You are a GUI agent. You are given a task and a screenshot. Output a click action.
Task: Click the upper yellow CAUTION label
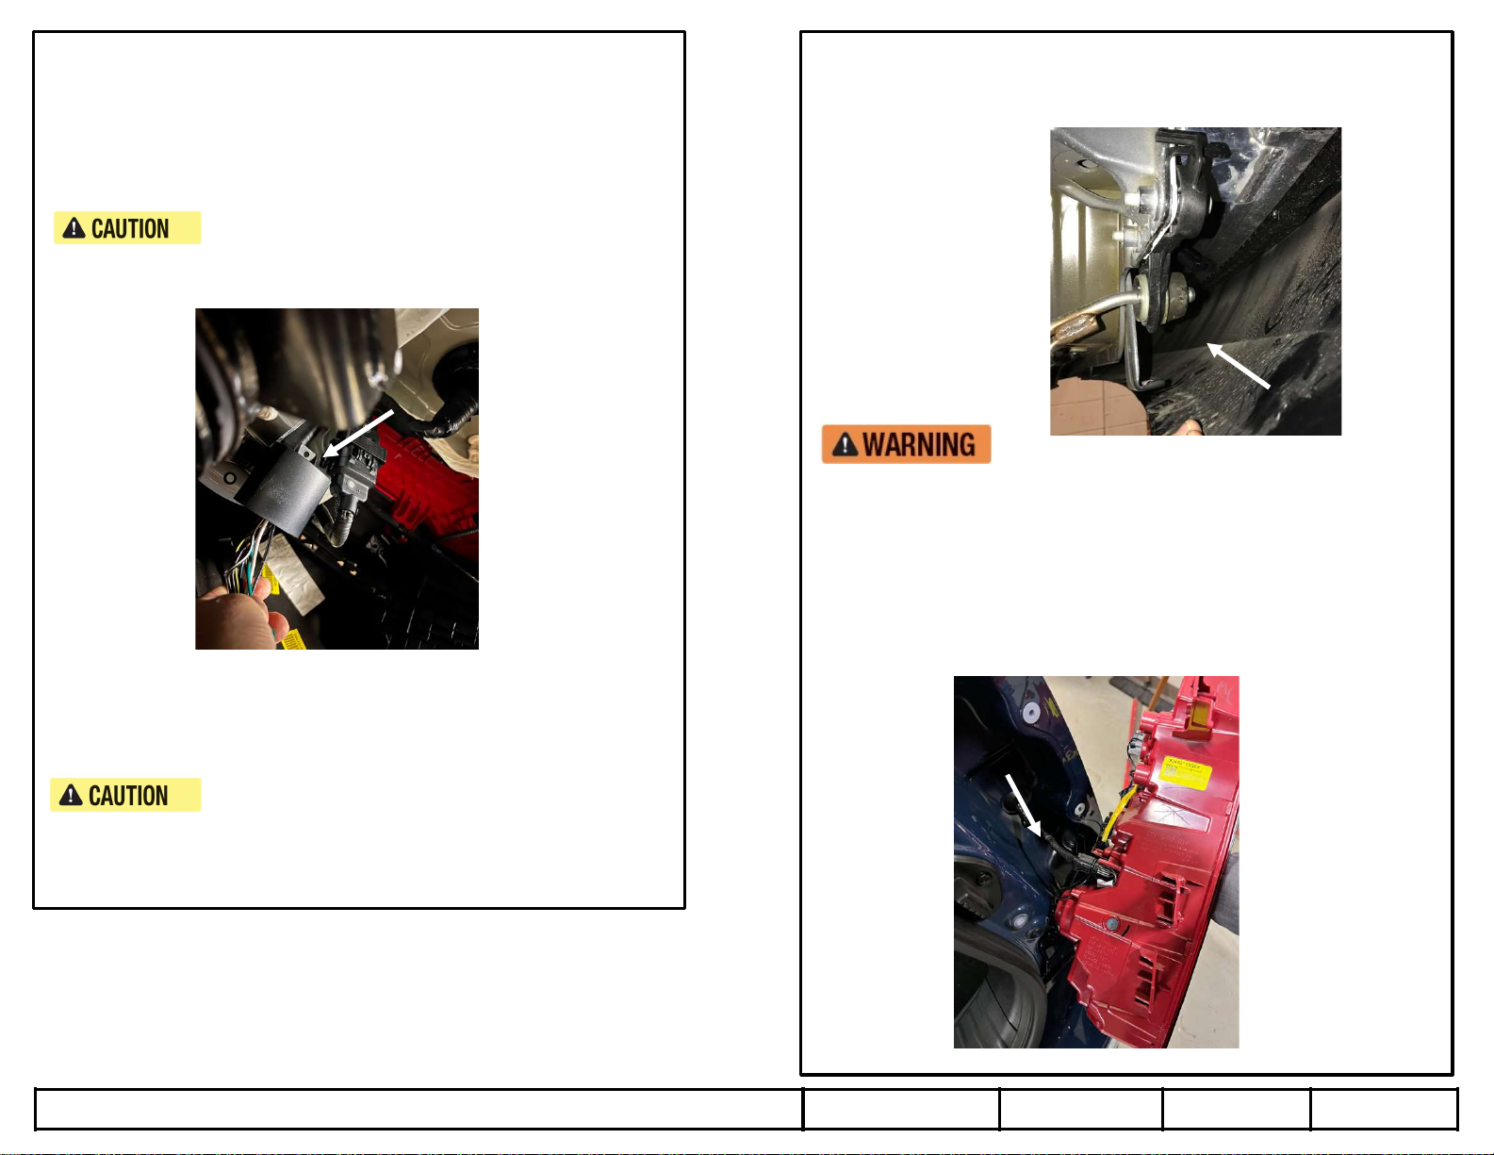click(x=127, y=227)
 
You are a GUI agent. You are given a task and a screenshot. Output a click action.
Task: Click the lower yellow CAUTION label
click(x=125, y=795)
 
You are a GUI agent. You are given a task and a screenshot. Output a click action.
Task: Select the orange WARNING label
click(x=906, y=444)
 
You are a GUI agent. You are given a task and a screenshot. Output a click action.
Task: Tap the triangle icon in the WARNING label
click(x=845, y=445)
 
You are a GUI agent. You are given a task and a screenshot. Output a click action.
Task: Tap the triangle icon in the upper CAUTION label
click(x=74, y=228)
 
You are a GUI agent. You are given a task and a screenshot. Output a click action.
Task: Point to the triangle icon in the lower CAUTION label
click(x=71, y=796)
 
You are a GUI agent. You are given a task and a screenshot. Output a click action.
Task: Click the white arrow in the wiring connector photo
click(x=358, y=433)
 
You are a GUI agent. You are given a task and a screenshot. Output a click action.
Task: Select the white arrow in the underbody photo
click(x=1239, y=366)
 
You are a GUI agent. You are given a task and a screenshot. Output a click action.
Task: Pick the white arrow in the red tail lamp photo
click(x=1023, y=806)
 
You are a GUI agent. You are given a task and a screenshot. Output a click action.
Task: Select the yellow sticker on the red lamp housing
click(x=1185, y=770)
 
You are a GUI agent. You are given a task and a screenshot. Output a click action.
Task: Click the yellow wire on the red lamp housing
click(x=1117, y=811)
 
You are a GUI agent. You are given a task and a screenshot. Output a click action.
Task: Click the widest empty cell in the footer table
click(x=419, y=1109)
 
